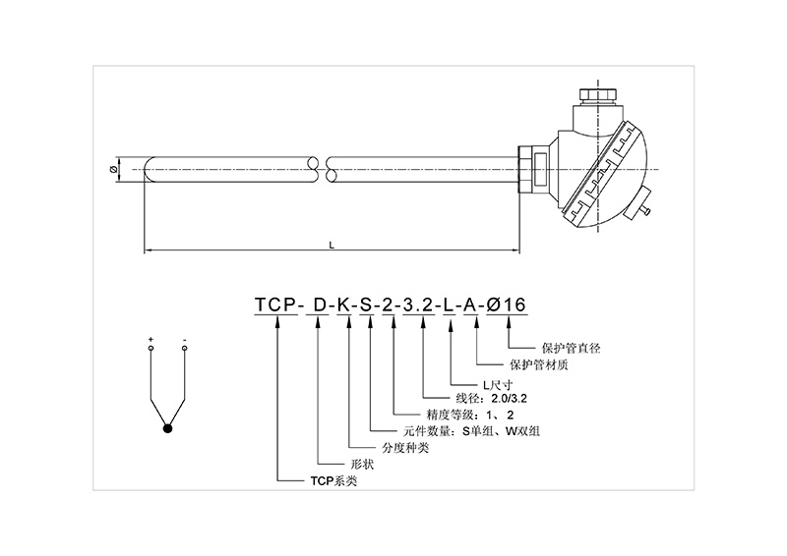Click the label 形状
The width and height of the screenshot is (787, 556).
[x=336, y=464]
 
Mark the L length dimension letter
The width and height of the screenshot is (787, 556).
[x=333, y=246]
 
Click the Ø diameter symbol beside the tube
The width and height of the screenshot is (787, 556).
[x=116, y=169]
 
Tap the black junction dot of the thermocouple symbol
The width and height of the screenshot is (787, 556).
[x=168, y=427]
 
